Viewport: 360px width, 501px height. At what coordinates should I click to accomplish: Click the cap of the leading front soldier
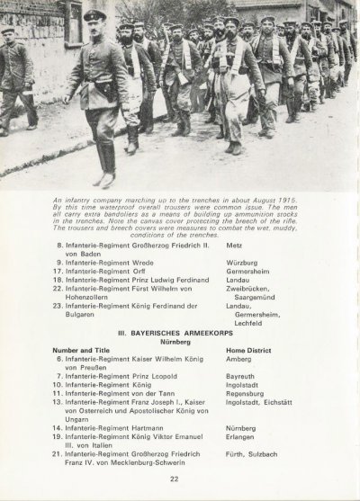click(x=93, y=16)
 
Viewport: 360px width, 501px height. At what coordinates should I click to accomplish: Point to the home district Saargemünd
click(x=261, y=290)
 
